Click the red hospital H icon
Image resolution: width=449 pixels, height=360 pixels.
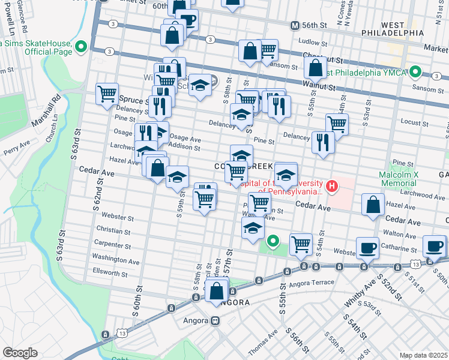(x=331, y=187)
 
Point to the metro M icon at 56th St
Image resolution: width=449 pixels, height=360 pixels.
(x=295, y=26)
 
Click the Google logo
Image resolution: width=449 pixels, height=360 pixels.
(x=20, y=353)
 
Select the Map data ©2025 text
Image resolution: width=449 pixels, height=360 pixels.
(x=423, y=355)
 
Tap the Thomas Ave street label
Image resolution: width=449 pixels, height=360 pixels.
(x=268, y=341)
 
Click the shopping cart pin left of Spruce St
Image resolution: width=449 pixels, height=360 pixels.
(x=107, y=94)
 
